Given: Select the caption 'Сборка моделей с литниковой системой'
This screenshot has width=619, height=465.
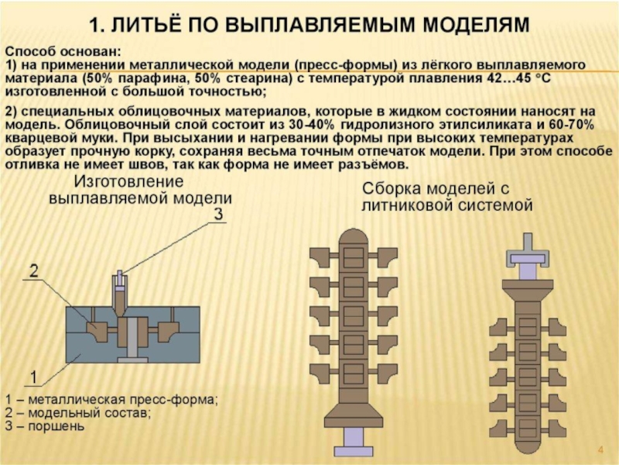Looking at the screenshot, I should coord(448,197).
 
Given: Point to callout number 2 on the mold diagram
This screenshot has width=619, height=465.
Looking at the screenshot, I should coord(34,270).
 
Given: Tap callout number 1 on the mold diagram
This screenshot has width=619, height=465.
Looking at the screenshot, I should coord(34,377).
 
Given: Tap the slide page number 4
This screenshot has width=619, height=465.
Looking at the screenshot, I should coord(600,449).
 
